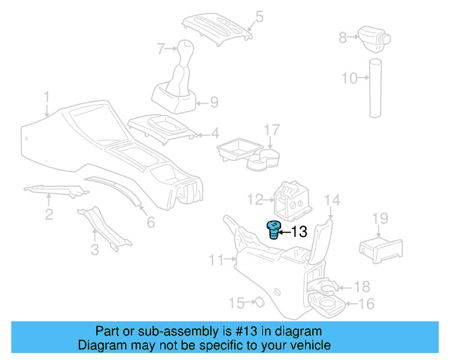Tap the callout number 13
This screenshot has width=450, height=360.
(x=299, y=231)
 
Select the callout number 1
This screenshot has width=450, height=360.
(x=46, y=96)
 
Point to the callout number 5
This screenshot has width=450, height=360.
(x=259, y=15)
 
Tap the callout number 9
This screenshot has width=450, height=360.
(x=214, y=102)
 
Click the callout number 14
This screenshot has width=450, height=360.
(x=333, y=201)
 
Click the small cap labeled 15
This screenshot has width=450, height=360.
(x=258, y=303)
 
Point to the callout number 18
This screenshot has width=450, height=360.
(x=361, y=287)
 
